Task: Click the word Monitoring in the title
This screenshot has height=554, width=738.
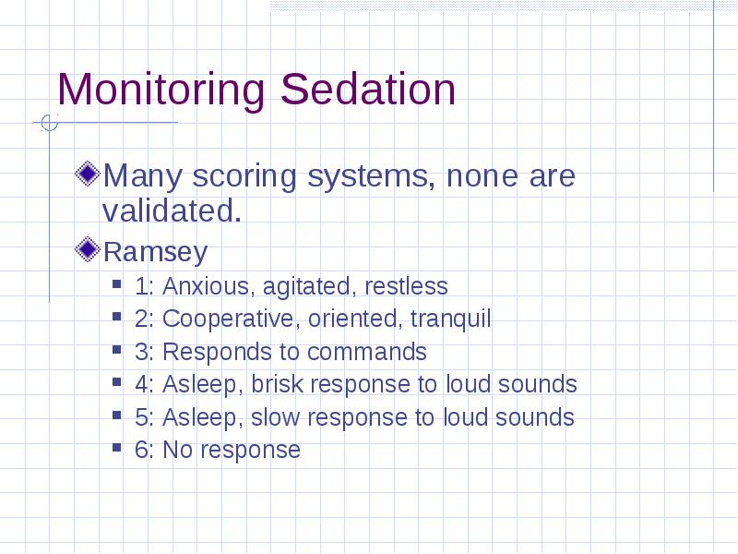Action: (x=161, y=90)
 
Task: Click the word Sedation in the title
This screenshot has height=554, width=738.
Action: (x=368, y=89)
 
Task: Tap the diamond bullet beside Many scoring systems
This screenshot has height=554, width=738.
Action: (x=88, y=174)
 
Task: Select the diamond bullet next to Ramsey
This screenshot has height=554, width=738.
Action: (x=88, y=249)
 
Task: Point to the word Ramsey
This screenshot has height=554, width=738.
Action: (x=155, y=252)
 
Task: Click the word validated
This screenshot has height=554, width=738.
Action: (x=172, y=211)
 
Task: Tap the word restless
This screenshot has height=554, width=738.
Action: (x=406, y=286)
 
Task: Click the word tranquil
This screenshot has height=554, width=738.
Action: (x=450, y=319)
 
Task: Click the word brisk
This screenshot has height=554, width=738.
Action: (x=278, y=384)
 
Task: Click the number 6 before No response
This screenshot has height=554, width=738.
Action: (x=142, y=450)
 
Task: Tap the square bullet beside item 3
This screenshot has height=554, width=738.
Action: (x=117, y=350)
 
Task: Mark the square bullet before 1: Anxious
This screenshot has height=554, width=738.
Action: (x=117, y=284)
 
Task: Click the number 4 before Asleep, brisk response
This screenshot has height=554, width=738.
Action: (x=142, y=384)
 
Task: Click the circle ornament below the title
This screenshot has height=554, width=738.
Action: (x=50, y=123)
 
